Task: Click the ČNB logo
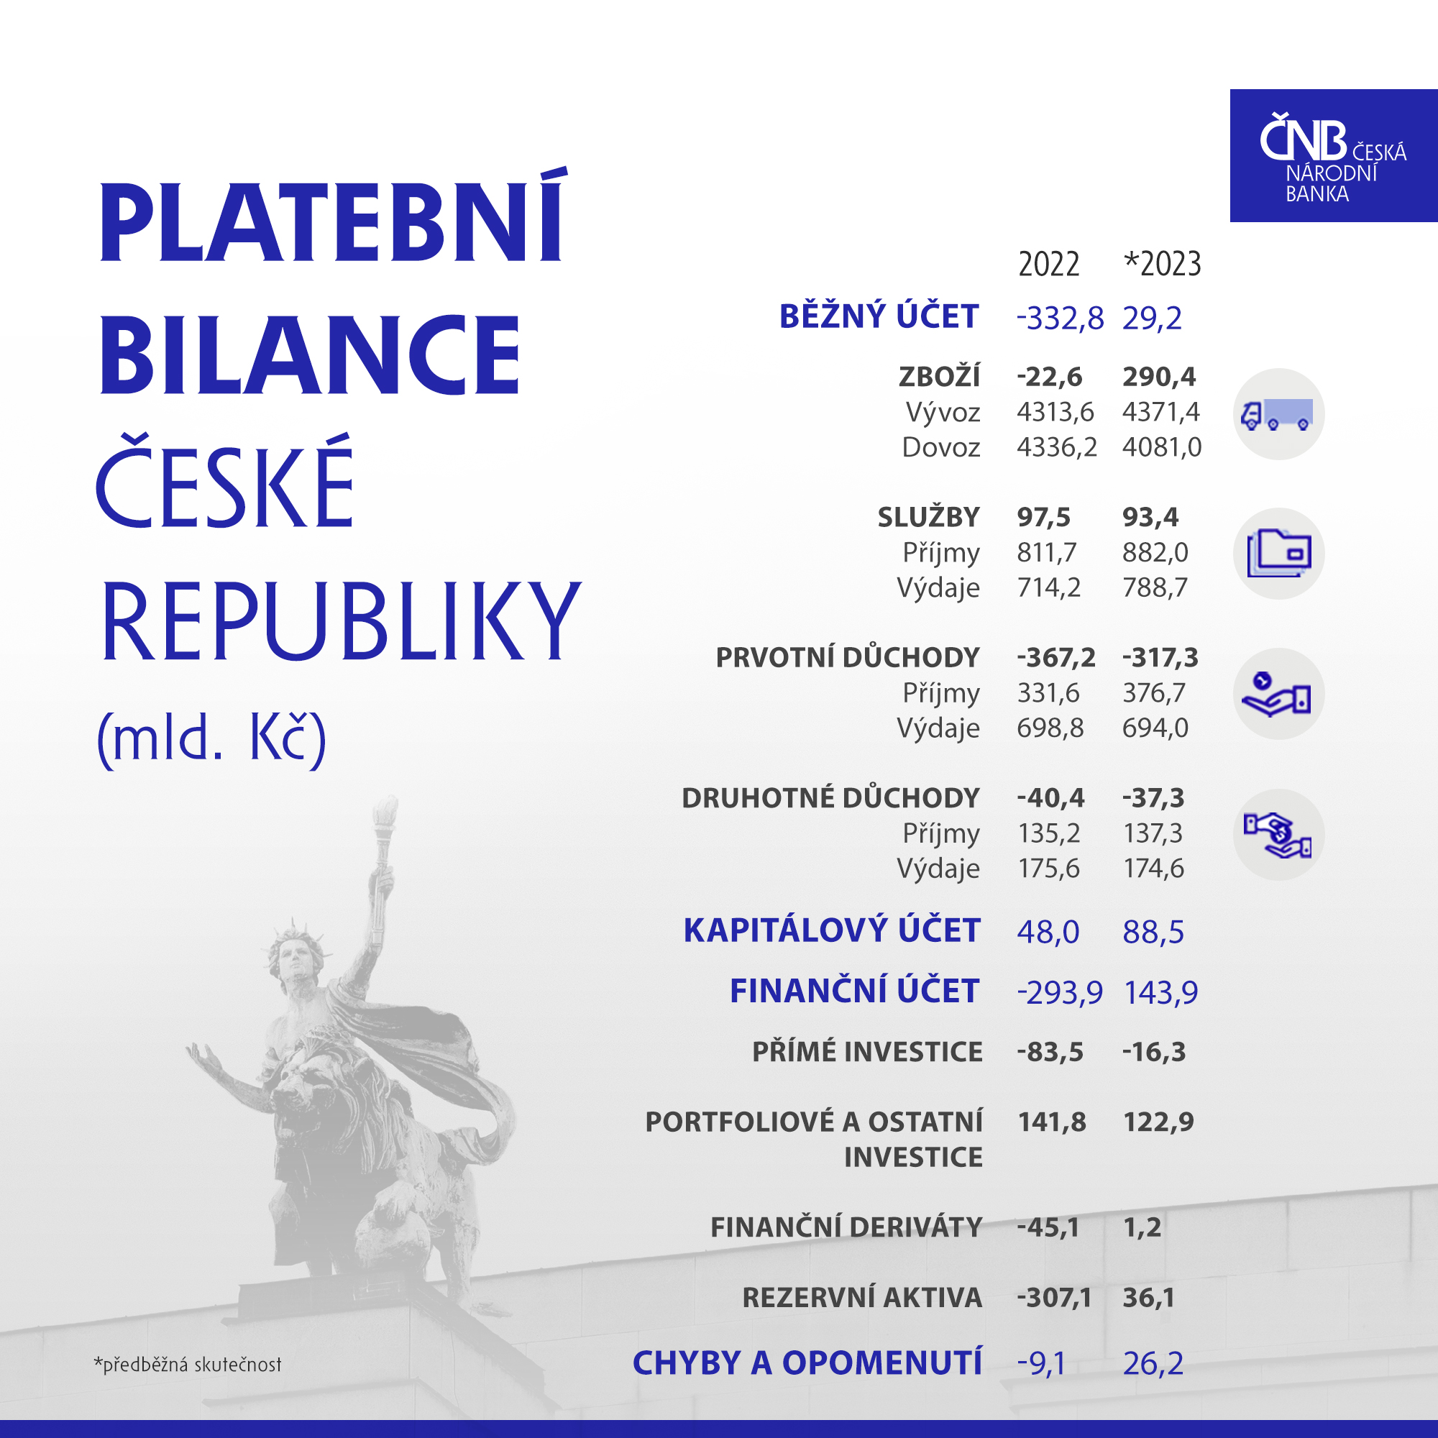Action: [x=1333, y=155]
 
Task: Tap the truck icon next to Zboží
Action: [x=1278, y=414]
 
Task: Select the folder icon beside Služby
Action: [x=1278, y=553]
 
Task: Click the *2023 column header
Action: [x=1161, y=263]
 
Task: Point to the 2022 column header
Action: [x=1049, y=264]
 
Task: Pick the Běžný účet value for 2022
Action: [x=1060, y=318]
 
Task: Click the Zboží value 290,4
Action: [x=1159, y=377]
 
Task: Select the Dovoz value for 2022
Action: [x=1057, y=447]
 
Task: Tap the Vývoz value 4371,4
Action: [x=1161, y=411]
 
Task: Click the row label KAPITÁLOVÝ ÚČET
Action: [x=832, y=930]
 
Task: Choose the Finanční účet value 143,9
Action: [x=1160, y=992]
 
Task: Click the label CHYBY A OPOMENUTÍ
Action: [x=807, y=1363]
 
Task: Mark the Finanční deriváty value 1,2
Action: [x=1142, y=1227]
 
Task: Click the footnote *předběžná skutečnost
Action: [x=188, y=1365]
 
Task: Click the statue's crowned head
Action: [x=293, y=953]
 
